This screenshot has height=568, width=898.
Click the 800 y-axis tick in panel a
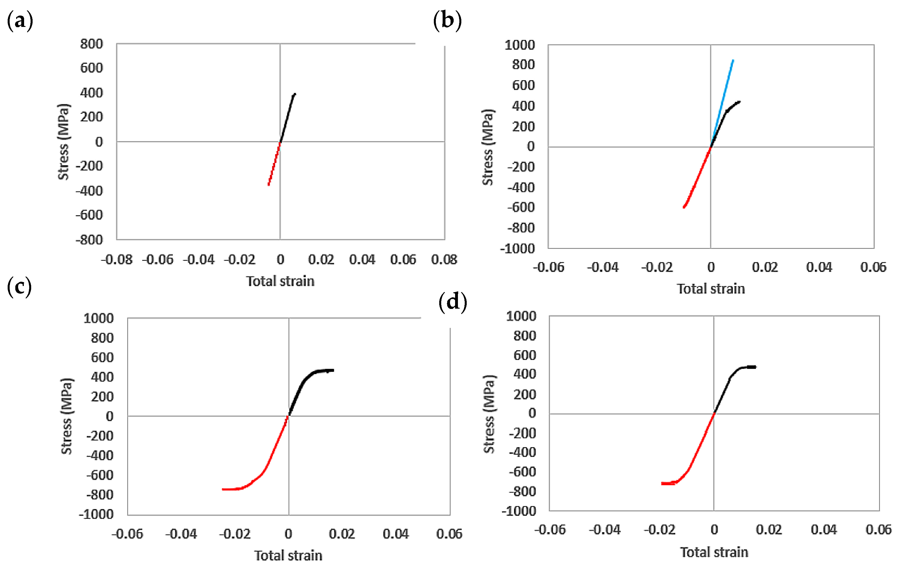[91, 44]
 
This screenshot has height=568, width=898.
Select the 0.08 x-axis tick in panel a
[444, 259]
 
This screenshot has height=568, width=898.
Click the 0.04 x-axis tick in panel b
[819, 267]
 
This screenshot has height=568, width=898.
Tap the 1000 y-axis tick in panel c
[98, 318]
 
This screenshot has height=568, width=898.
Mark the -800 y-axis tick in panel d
[523, 491]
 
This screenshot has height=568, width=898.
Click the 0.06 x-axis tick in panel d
[878, 529]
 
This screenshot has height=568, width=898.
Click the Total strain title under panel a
[280, 281]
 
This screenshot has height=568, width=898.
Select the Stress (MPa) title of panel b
[487, 147]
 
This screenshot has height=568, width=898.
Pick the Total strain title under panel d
[714, 552]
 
